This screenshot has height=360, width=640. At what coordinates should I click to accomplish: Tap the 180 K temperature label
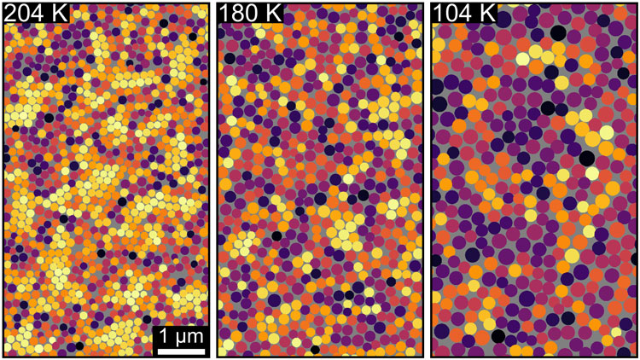point(249,12)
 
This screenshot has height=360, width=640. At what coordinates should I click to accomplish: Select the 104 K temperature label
point(464,12)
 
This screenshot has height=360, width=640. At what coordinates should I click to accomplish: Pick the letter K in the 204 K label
point(60,12)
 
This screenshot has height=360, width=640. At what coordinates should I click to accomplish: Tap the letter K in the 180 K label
point(273,12)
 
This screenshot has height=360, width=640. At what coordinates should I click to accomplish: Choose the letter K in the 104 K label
point(488,12)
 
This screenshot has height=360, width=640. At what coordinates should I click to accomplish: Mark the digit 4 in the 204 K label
point(40,12)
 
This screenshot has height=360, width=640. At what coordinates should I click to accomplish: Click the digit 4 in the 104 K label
point(468,12)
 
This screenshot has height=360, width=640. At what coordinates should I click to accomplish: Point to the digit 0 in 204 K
point(26,12)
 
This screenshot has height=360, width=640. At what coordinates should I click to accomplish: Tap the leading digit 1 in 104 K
point(439,12)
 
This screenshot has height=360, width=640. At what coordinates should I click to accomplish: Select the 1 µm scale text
point(179,336)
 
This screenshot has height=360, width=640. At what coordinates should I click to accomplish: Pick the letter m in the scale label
point(194,338)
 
